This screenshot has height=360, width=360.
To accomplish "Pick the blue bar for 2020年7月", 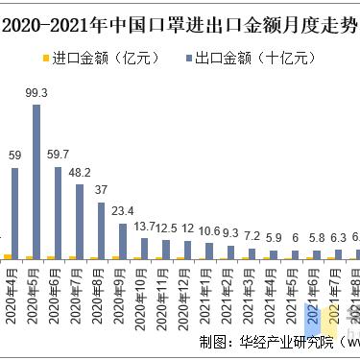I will click(81, 222).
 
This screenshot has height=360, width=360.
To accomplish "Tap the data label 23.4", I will click(122, 211).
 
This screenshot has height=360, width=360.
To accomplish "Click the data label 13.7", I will click(144, 226).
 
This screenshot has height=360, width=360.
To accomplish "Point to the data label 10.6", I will click(209, 230).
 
